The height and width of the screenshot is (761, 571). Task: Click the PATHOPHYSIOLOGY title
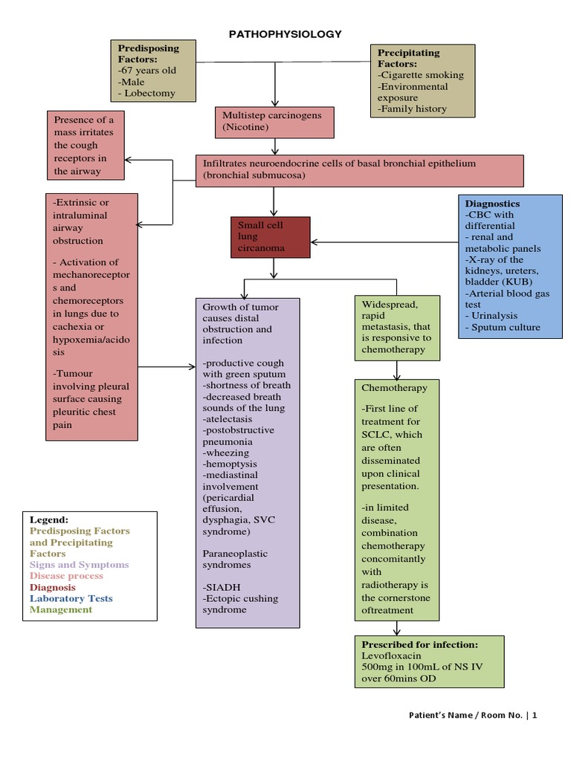(285, 33)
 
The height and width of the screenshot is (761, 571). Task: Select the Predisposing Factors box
(154, 71)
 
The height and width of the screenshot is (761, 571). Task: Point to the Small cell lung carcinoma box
(270, 237)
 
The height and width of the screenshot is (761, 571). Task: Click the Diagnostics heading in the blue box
(492, 203)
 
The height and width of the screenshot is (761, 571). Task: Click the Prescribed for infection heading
(419, 644)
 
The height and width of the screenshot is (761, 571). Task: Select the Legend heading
(49, 519)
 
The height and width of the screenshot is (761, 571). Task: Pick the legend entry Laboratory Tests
(71, 598)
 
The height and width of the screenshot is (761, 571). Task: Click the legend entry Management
(61, 609)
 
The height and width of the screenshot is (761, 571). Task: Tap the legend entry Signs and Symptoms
(79, 565)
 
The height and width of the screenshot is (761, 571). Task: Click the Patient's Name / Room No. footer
(472, 716)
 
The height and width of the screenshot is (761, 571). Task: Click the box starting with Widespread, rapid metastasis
(396, 327)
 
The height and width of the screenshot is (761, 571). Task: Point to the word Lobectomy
(149, 94)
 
